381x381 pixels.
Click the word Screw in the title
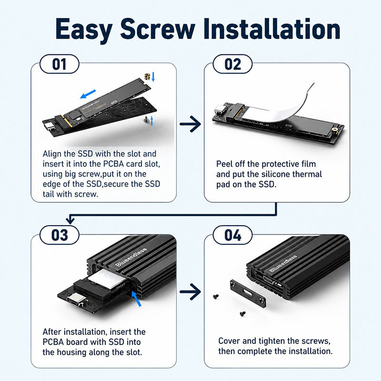point(158,29)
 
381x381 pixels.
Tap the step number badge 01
point(59,64)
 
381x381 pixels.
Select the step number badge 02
point(232,64)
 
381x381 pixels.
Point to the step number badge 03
point(59,235)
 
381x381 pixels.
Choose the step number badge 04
point(232,235)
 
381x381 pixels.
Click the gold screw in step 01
point(147,76)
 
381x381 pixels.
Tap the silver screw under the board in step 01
point(147,120)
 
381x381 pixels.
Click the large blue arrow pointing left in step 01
point(88,94)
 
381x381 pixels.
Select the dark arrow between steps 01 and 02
point(190,124)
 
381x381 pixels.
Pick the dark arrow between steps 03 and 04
point(190,291)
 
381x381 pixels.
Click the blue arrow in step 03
point(136,299)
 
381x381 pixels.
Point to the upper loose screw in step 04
point(216,296)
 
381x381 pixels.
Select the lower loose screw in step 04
point(242,314)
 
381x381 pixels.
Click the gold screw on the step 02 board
point(335,130)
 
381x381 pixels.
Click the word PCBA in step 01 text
point(113,164)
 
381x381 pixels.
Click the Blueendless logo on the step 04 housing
point(283,263)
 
